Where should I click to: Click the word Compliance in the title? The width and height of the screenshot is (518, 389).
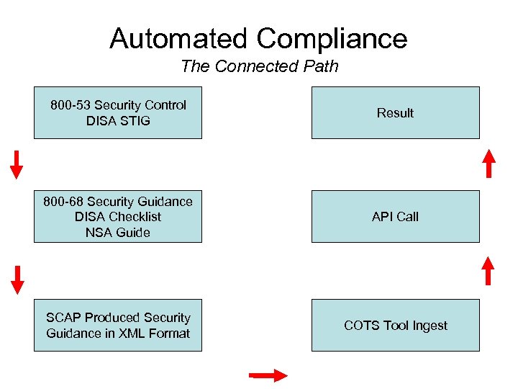tap(332, 38)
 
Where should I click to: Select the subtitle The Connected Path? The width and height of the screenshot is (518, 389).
tap(259, 67)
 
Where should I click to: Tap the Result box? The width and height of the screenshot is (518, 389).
tap(395, 113)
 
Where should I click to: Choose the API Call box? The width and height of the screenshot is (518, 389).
tap(395, 216)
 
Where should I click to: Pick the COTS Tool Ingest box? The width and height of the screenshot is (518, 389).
tap(395, 326)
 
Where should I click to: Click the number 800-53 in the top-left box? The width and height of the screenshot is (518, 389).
tap(71, 105)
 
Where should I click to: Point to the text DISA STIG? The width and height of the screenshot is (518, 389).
tap(118, 121)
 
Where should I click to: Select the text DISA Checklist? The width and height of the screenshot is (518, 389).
tap(118, 217)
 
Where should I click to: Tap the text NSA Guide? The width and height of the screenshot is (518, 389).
tap(118, 233)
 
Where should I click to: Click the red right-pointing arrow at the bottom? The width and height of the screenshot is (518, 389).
tap(268, 375)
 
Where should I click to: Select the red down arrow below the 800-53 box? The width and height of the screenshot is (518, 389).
tap(17, 164)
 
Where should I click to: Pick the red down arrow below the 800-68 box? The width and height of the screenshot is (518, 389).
tap(18, 280)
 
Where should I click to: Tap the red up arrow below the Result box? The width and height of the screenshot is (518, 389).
tap(489, 163)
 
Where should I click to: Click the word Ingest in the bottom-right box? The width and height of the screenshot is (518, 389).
tap(429, 326)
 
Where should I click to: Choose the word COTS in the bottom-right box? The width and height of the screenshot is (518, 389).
tap(360, 326)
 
